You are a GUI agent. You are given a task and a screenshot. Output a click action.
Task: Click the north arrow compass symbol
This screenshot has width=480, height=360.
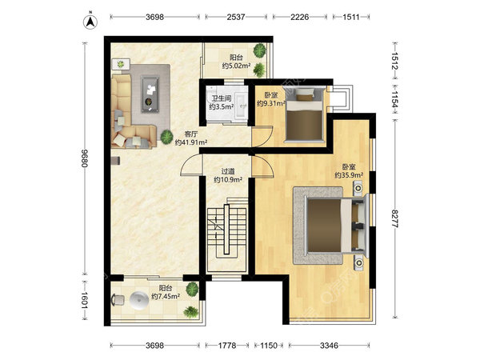90,21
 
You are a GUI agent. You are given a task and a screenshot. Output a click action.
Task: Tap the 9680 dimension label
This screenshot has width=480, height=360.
85,158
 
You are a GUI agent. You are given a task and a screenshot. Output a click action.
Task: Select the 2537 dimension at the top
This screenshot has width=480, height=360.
236,17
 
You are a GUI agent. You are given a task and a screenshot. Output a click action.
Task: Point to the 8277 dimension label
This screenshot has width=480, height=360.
395,218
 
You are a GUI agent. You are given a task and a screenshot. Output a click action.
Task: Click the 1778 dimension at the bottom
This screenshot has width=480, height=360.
227,346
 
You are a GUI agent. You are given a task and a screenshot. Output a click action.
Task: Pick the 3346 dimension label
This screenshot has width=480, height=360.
329,346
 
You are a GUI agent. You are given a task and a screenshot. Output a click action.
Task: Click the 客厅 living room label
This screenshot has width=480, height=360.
191,134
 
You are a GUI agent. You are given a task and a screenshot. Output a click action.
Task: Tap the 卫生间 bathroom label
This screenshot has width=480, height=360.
222,98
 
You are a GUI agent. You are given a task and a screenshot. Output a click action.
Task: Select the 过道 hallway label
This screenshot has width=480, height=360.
228,171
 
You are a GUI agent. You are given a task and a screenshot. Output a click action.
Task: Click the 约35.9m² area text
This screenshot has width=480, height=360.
349,175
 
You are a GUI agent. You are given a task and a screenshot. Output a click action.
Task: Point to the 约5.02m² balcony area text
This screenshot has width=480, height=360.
236,66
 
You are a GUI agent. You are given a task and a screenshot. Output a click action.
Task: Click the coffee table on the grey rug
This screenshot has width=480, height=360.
150,94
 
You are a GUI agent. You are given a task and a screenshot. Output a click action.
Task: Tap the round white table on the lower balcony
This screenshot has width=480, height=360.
139,300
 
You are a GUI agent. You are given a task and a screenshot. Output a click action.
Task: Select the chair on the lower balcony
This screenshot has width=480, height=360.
118,300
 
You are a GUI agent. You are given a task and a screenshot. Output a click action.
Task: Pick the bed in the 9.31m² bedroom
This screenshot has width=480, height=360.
304,114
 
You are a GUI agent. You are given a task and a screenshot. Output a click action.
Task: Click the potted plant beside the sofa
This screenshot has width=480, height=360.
167,137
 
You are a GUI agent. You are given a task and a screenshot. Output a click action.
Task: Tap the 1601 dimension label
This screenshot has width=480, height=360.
85,301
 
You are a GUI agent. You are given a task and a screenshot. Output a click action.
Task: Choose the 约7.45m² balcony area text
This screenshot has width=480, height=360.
166,296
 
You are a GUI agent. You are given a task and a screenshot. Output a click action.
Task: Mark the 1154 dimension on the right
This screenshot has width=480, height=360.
395,99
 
